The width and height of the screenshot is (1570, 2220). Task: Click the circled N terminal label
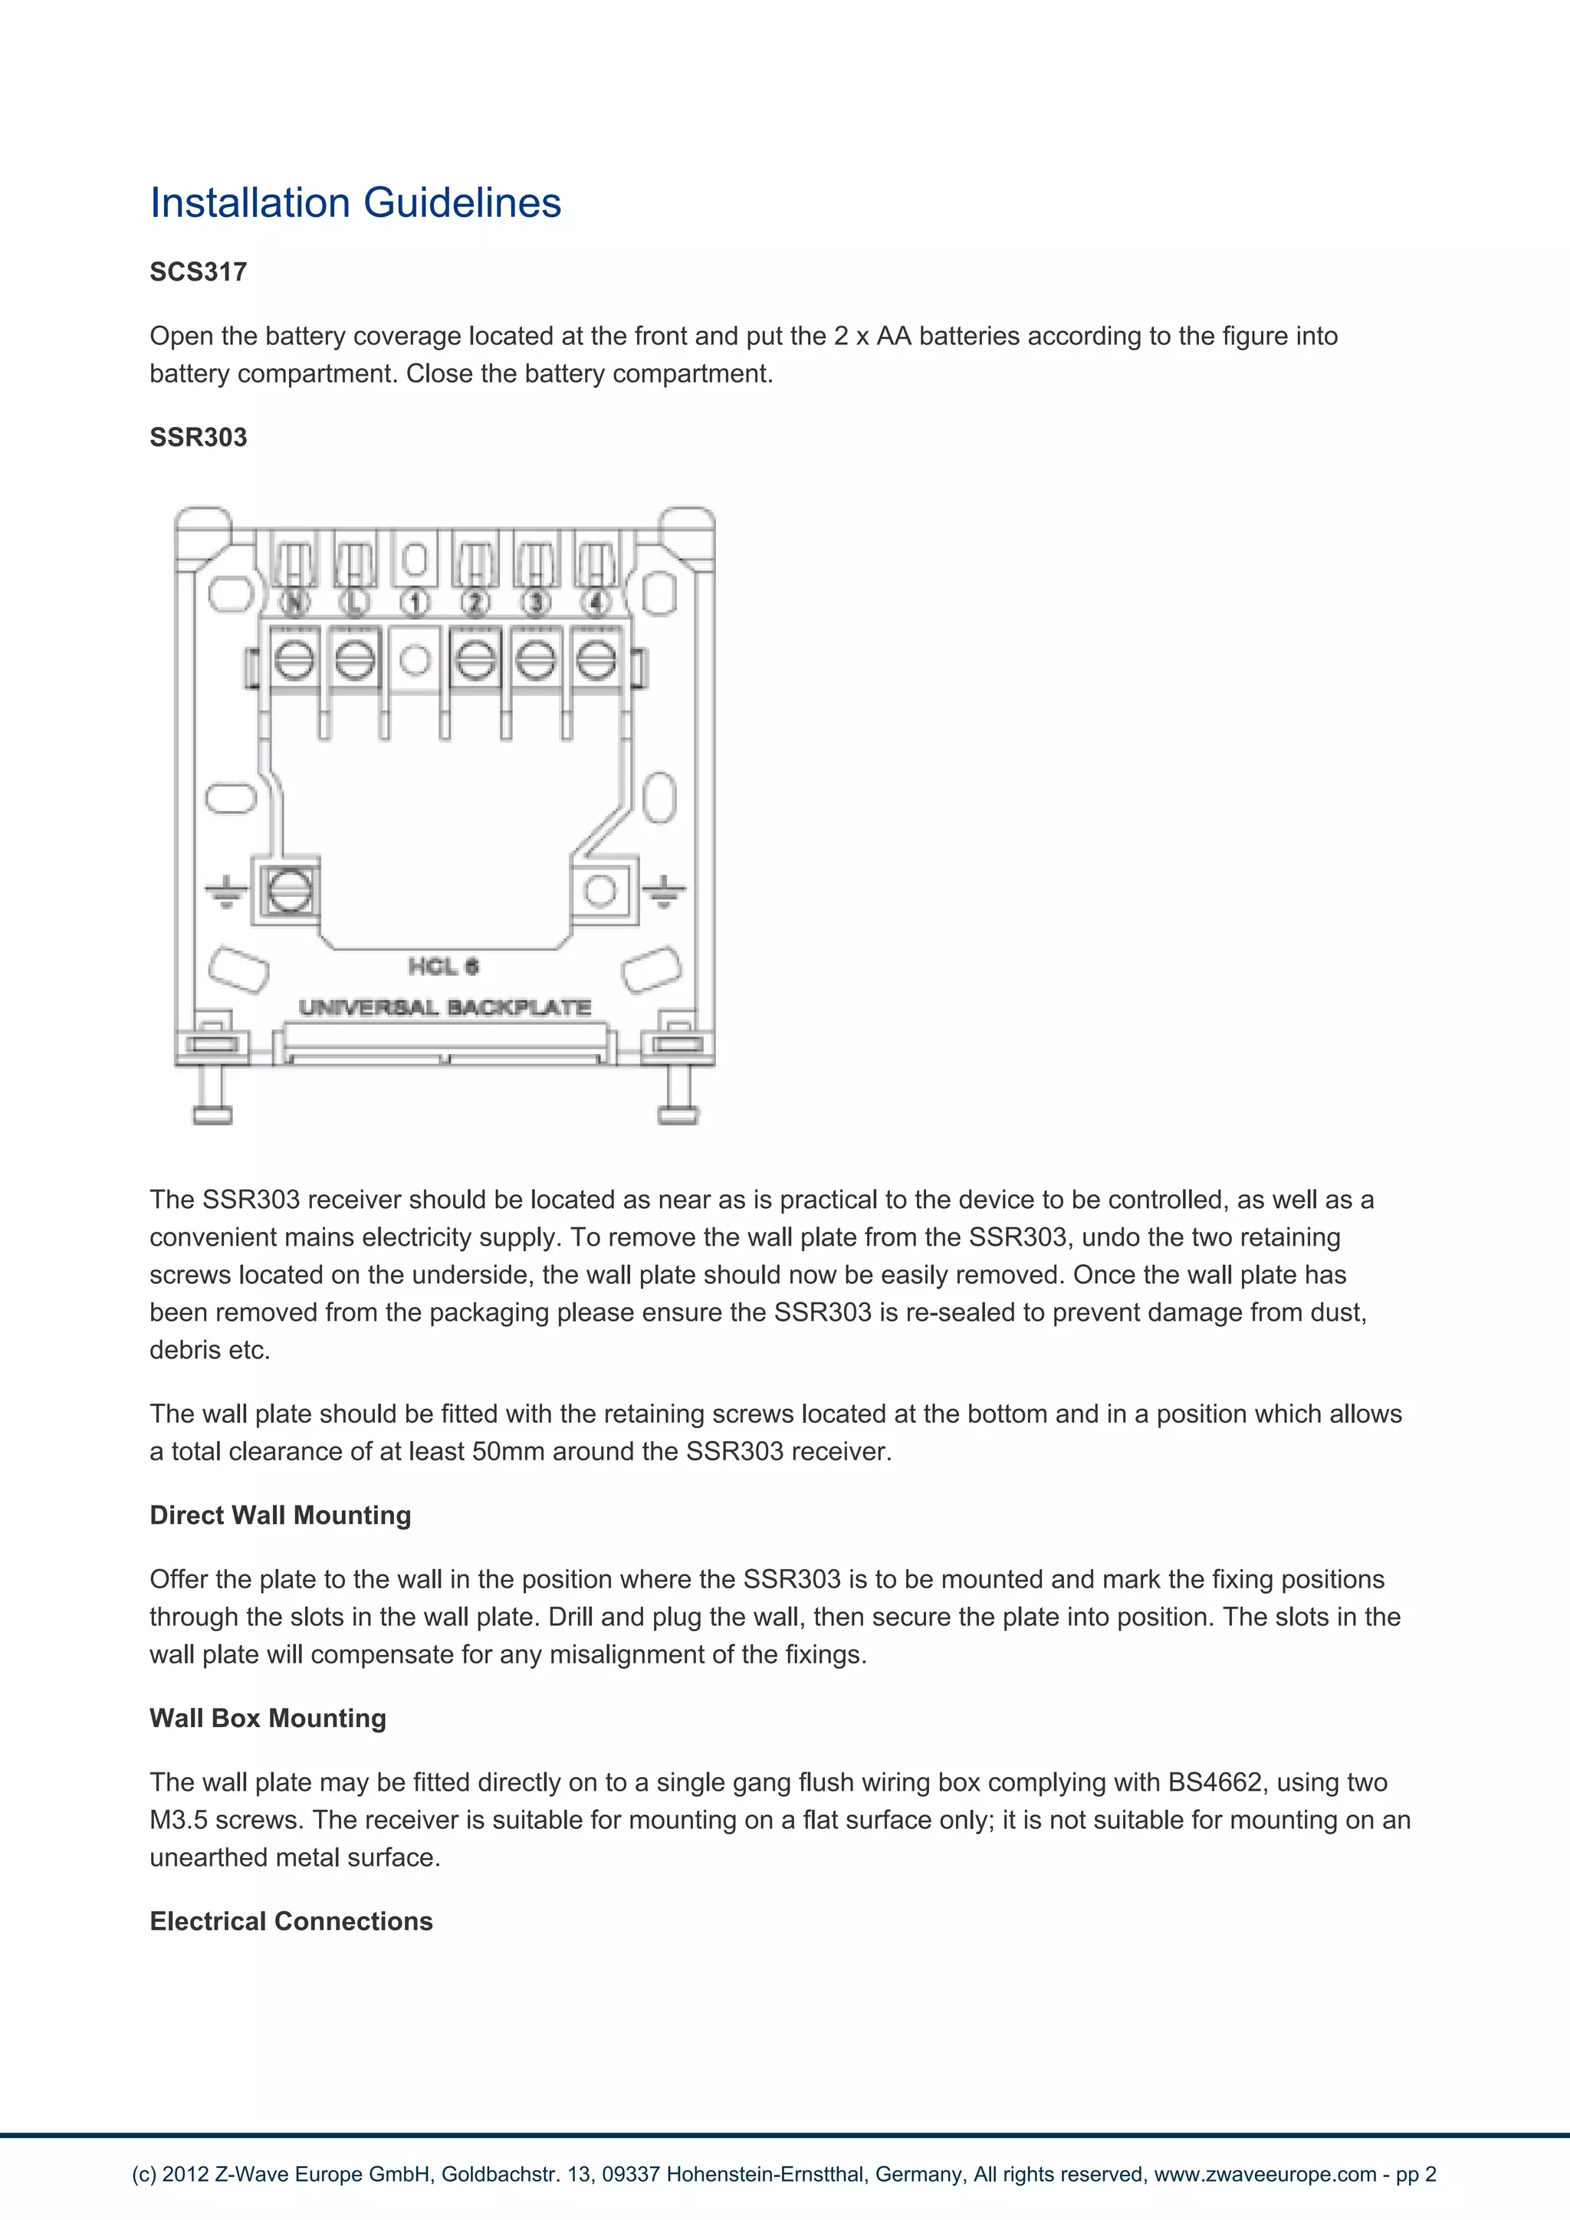pos(294,603)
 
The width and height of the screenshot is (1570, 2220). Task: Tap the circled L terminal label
pos(355,603)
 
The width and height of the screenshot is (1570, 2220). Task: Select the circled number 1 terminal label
pos(415,603)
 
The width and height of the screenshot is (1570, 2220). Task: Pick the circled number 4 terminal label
pos(596,603)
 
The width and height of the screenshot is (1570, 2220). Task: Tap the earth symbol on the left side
pos(225,892)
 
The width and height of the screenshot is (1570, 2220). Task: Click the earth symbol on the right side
pos(664,892)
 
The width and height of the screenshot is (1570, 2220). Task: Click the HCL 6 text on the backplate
pos(443,966)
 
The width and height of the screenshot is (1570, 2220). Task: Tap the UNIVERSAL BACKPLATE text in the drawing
pos(445,1007)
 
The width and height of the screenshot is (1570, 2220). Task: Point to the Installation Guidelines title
pos(355,203)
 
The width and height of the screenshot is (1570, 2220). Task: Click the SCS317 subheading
pos(199,271)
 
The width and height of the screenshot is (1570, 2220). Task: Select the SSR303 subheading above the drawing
pos(199,437)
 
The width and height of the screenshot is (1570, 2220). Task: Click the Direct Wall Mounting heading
pos(281,1515)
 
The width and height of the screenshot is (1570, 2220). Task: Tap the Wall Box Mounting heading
pos(268,1718)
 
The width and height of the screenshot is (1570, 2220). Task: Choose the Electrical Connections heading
pos(291,1921)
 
